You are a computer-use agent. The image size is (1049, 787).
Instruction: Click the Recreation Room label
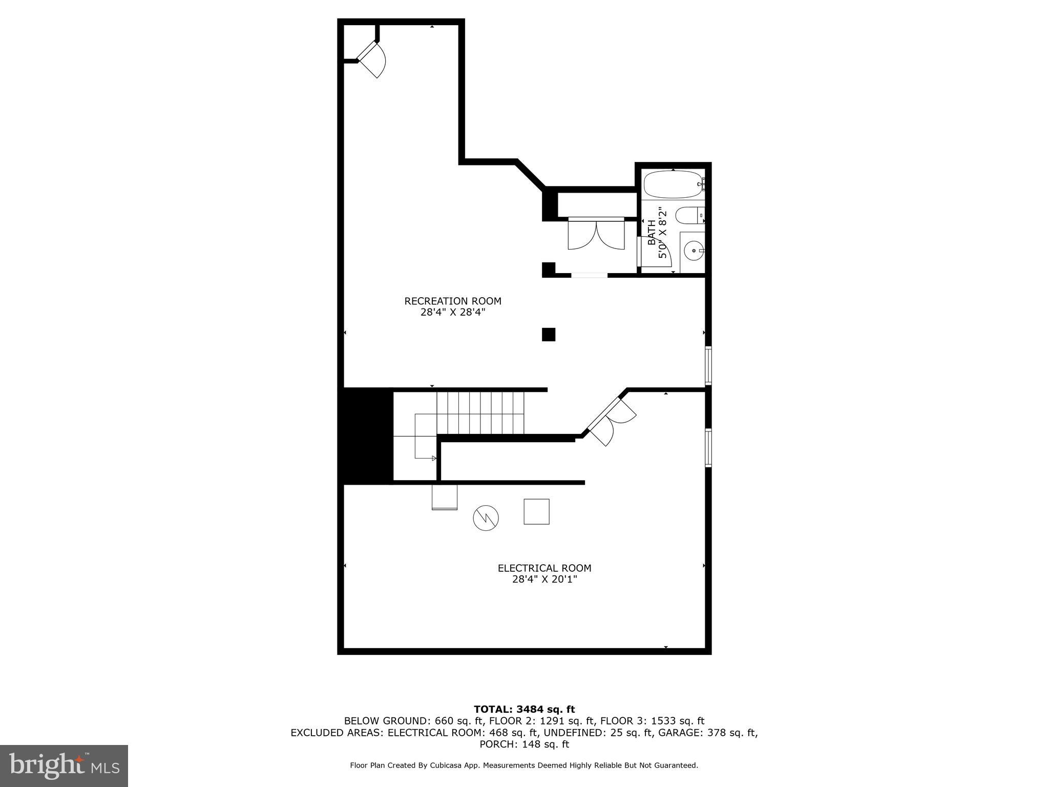pos(453,306)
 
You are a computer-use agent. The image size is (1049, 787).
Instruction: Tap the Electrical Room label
pos(544,573)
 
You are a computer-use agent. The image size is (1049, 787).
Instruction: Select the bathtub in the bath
pos(673,185)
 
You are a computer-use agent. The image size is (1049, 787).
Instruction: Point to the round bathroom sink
pos(694,251)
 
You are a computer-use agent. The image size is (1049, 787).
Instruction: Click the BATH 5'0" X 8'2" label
pos(657,233)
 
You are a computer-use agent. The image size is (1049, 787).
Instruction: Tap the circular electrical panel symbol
pos(486,518)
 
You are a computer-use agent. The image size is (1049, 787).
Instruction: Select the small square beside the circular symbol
pos(536,511)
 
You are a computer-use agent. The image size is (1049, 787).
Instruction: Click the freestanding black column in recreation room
pos(549,335)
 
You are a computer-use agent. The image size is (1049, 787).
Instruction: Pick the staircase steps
pos(480,412)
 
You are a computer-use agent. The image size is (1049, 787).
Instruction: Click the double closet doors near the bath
pos(596,235)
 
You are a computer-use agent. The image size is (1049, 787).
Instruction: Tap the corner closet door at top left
pos(372,59)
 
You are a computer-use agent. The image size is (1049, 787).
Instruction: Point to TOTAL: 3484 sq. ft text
pos(524,710)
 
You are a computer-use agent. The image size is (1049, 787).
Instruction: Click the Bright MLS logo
pos(64,765)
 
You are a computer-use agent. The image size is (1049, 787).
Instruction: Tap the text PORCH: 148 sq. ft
pos(524,744)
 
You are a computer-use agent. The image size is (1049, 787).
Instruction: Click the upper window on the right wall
pos(708,365)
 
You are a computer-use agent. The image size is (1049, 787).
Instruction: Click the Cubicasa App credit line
pos(524,765)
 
